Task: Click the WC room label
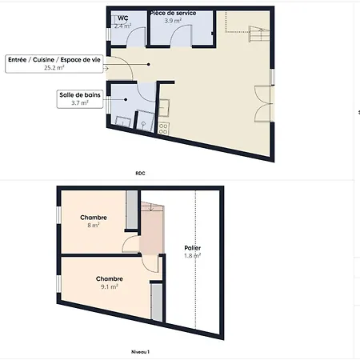pos(122,18)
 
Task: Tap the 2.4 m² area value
pos(122,26)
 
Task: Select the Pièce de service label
pos(173,14)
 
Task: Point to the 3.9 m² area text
pos(173,21)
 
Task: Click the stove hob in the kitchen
pos(163,126)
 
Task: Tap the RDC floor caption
pos(141,172)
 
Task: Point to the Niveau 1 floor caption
pos(141,351)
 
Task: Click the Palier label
pos(193,248)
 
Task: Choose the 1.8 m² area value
pos(193,256)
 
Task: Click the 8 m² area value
pos(94,226)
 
